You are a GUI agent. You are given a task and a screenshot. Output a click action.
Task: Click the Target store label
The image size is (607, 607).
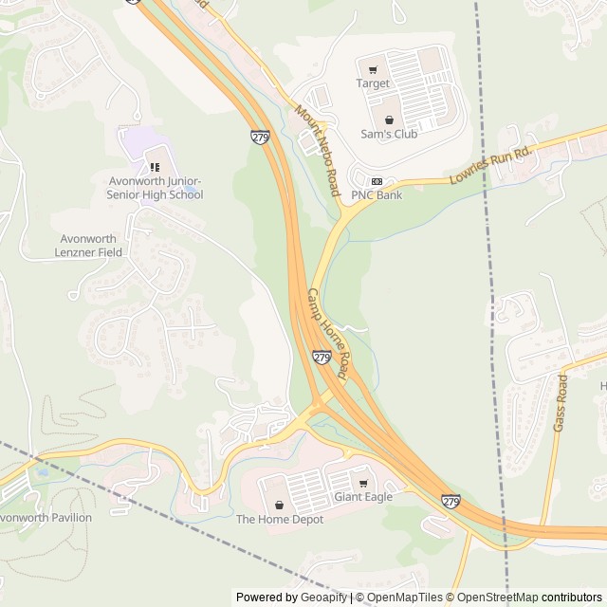pos(373,83)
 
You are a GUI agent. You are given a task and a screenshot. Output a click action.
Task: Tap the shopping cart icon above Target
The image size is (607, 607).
pos(373,69)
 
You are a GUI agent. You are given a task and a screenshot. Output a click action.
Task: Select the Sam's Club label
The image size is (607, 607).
pos(389,134)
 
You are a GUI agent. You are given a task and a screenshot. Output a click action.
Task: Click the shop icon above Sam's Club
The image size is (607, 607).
pos(389,120)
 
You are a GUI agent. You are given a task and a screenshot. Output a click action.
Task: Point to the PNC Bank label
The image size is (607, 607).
pos(377,195)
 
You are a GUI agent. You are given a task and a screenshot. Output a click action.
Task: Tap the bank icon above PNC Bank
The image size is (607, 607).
pos(377,181)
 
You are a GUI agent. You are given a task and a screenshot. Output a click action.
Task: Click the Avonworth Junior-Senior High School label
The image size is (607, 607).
pos(155,188)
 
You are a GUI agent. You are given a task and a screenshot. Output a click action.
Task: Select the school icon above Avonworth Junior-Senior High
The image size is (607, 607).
pos(155,168)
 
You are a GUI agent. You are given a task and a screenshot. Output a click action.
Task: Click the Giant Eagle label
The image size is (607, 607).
pos(362,497)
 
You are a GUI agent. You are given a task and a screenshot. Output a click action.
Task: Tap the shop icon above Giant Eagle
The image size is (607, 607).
pos(362,483)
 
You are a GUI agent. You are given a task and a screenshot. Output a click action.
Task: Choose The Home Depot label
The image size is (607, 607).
pos(279,519)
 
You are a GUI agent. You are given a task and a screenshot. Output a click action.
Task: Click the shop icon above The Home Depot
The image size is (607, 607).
pos(279,505)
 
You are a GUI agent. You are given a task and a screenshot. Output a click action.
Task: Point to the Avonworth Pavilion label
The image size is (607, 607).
pos(45,518)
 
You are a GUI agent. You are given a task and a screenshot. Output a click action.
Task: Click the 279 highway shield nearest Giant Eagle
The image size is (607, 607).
pos(451,501)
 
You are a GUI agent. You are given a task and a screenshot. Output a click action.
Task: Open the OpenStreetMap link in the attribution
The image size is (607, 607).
pos(492,598)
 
